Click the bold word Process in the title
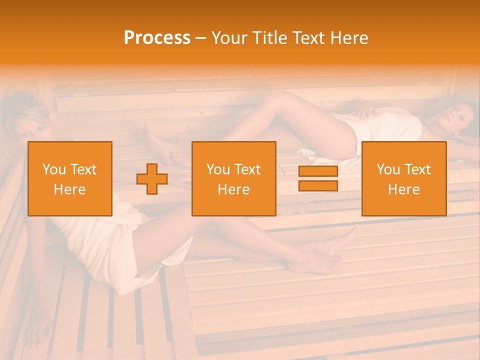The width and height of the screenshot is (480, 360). click(x=157, y=38)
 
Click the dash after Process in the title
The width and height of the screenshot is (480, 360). click(x=200, y=38)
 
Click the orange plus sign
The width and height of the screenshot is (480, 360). click(x=152, y=179)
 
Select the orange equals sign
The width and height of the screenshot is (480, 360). click(x=318, y=178)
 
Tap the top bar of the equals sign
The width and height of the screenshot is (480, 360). click(x=318, y=171)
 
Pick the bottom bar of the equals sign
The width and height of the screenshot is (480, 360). click(x=318, y=185)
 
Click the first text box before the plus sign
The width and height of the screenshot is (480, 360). click(x=70, y=179)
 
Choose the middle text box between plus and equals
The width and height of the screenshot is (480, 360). click(x=233, y=179)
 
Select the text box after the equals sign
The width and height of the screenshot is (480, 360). click(x=403, y=179)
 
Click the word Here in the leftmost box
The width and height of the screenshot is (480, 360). click(x=70, y=189)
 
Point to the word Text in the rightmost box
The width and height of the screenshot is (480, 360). click(x=418, y=169)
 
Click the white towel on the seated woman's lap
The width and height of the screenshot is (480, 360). click(x=110, y=245)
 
